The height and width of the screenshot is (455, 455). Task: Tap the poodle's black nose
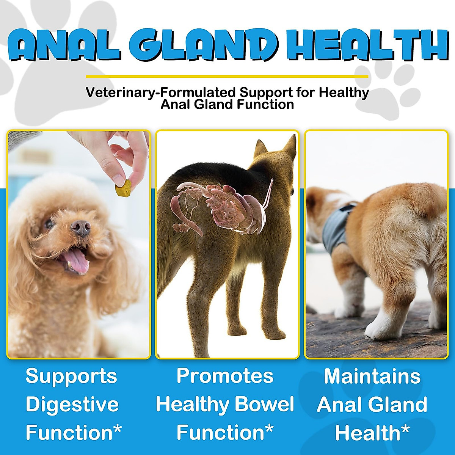pyautogui.click(x=81, y=228)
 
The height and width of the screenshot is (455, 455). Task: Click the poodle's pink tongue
pyautogui.click(x=77, y=261)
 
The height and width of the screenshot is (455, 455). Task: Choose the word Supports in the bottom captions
pyautogui.click(x=71, y=376)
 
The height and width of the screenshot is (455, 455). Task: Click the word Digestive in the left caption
pyautogui.click(x=72, y=405)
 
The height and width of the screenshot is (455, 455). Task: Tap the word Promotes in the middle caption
pyautogui.click(x=225, y=376)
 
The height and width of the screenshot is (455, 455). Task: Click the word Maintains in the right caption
pyautogui.click(x=372, y=376)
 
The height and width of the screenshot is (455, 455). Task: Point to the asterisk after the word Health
pyautogui.click(x=405, y=430)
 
